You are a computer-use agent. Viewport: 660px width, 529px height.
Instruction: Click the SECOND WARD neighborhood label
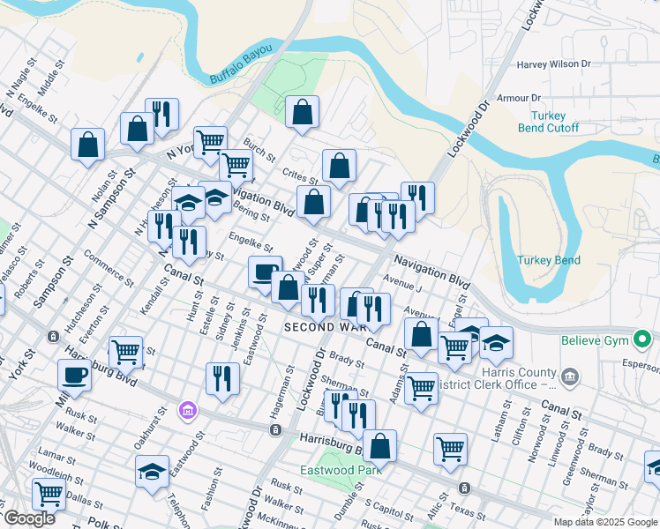(319, 327)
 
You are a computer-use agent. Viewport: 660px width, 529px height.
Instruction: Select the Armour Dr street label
(519, 98)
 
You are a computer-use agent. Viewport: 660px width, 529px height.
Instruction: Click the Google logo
(29, 518)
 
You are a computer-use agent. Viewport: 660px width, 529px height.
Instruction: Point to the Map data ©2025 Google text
(605, 522)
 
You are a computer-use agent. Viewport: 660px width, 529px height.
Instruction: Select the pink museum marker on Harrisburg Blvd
(186, 410)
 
